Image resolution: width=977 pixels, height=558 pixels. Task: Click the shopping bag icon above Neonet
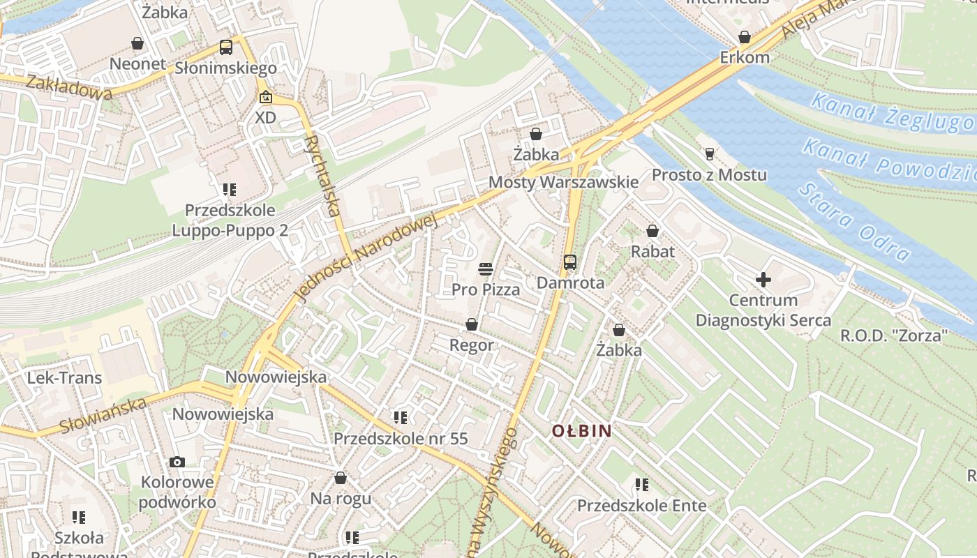[137, 43]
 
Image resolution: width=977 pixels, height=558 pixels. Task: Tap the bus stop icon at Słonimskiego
[225, 47]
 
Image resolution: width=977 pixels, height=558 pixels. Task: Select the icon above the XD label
[265, 98]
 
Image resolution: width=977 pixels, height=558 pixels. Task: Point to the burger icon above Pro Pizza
[486, 269]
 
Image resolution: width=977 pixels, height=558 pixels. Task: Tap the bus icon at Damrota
[570, 262]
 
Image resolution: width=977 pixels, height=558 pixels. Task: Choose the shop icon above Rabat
[652, 230]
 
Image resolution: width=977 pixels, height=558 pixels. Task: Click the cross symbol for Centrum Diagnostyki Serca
[763, 280]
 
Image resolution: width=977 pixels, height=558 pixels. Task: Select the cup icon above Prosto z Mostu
[710, 153]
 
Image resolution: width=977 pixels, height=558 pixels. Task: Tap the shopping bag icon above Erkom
[745, 37]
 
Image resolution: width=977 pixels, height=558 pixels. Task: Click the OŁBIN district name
[581, 431]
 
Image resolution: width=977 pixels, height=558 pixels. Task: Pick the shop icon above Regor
[472, 324]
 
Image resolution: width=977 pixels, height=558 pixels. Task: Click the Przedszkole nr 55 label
[401, 439]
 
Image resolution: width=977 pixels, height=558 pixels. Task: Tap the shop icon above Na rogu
[340, 478]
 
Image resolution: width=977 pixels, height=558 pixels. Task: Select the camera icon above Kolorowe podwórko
[177, 462]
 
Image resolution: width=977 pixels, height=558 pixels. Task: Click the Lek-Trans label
[64, 378]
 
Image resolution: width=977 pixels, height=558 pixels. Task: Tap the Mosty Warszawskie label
[563, 182]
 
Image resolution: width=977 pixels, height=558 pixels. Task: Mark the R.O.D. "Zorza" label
[894, 335]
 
